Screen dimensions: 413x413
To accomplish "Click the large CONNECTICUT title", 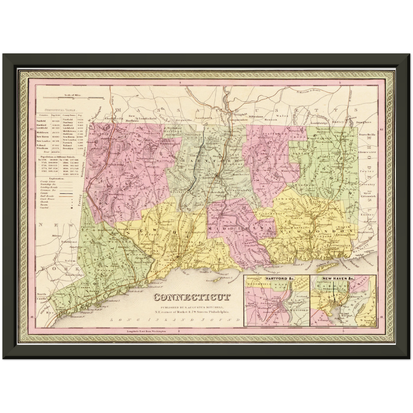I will pyautogui.click(x=192, y=297).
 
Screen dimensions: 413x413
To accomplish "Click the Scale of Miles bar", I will pyautogui.click(x=81, y=98).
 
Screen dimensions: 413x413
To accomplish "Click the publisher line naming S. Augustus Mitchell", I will pyautogui.click(x=192, y=307).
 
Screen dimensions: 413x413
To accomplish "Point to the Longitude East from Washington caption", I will pyautogui.click(x=146, y=331).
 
